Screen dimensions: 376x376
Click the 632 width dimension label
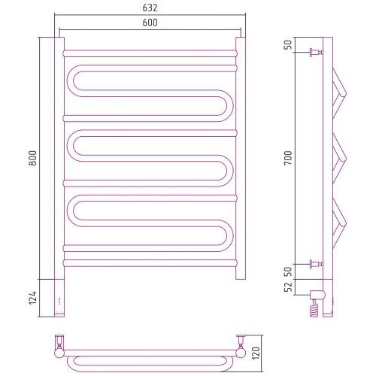(x=150, y=8)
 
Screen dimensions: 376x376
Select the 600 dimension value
(x=150, y=23)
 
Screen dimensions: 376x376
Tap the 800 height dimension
(x=32, y=158)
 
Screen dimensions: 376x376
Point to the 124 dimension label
(x=32, y=298)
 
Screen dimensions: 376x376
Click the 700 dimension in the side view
(x=288, y=158)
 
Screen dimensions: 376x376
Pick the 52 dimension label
(x=288, y=287)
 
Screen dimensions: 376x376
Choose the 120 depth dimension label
(x=256, y=353)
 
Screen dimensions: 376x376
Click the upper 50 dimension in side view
(x=288, y=45)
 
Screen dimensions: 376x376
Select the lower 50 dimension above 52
(x=288, y=271)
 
